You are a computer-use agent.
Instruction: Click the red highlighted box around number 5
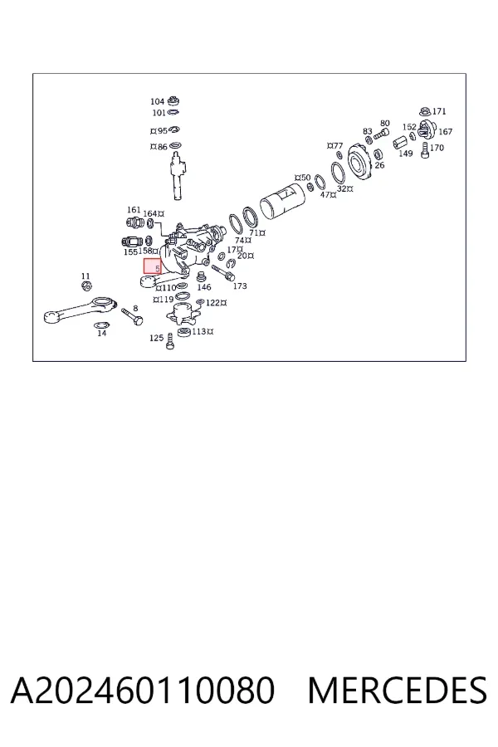pos(153,266)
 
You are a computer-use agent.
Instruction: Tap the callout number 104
pos(157,101)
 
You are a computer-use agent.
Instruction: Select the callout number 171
pos(439,111)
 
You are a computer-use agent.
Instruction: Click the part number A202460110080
pos(143,690)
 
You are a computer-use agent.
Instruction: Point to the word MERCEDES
pos(398,690)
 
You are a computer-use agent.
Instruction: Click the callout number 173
pos(240,286)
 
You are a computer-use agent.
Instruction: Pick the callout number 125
pos(156,338)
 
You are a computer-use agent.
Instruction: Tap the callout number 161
pos(134,210)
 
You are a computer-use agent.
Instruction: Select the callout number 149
pos(406,154)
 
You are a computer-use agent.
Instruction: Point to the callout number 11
pos(85,276)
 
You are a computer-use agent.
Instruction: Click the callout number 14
pos(101,333)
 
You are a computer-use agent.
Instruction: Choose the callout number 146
pos(204,287)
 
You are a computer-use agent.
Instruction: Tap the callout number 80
pos(385,123)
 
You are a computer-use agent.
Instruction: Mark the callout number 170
pos(437,148)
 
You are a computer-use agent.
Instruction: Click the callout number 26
pos(379,165)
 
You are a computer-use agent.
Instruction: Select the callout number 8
pos(135,308)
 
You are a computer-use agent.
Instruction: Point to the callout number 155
pos(130,251)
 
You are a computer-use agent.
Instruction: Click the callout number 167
pos(445,131)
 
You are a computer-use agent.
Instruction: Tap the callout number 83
pos(367,131)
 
